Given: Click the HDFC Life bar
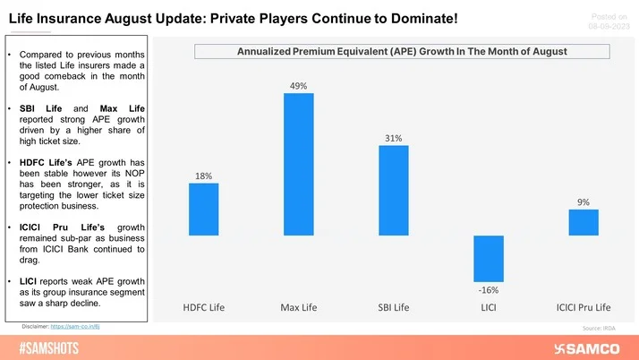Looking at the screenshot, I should tap(203, 210).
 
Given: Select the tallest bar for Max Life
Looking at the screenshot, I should tap(298, 165).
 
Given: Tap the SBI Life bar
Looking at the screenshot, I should tap(393, 191).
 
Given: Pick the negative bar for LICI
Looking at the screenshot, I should tap(488, 259).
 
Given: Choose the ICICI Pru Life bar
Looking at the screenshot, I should tap(583, 223).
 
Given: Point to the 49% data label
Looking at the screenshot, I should tap(298, 86).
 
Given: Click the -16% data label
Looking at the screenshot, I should tap(488, 290).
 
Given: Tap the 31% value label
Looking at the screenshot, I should tap(393, 138).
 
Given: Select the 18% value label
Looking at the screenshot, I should tap(203, 176).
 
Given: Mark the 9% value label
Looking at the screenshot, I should tap(583, 202).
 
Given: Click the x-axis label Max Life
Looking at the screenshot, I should tap(298, 309).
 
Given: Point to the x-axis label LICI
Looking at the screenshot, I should tap(488, 309).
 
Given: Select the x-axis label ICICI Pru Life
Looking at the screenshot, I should tap(583, 309).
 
